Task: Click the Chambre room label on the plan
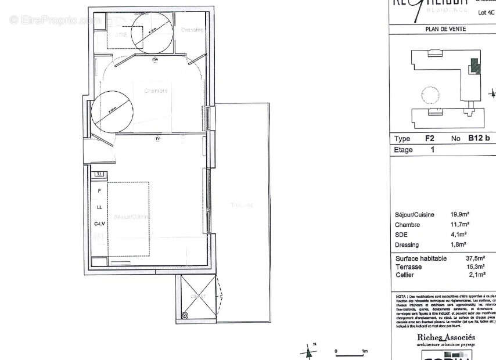pyautogui.click(x=156, y=91)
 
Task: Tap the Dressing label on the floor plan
pyautogui.click(x=192, y=30)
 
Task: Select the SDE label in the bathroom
pyautogui.click(x=121, y=34)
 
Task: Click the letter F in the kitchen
pyautogui.click(x=99, y=190)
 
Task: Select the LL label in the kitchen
pyautogui.click(x=99, y=207)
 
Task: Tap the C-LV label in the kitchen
pyautogui.click(x=99, y=223)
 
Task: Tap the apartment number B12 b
pyautogui.click(x=479, y=139)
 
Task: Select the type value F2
pyautogui.click(x=430, y=139)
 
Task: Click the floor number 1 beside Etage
pyautogui.click(x=432, y=150)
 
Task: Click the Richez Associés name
pyautogui.click(x=445, y=337)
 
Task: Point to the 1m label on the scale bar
pyautogui.click(x=364, y=351)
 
